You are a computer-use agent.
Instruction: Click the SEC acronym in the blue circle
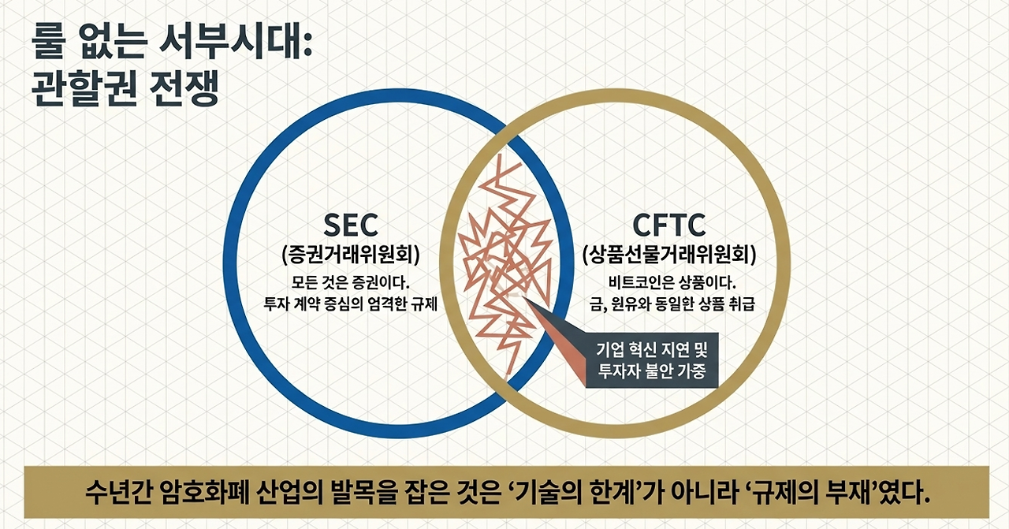click(x=352, y=225)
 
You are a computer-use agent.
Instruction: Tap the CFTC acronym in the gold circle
click(x=668, y=225)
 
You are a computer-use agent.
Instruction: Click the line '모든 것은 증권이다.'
click(x=352, y=282)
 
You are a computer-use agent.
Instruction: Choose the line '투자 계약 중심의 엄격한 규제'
click(x=351, y=305)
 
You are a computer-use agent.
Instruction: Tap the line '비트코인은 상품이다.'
click(x=669, y=282)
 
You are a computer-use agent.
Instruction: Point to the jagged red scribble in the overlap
click(x=504, y=260)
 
